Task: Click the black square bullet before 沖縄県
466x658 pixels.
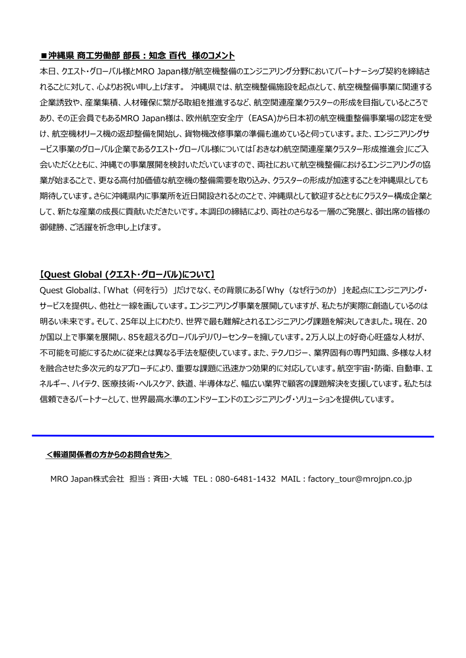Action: (43, 56)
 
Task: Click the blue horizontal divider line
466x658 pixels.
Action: (233, 436)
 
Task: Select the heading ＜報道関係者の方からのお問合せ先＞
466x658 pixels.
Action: (109, 454)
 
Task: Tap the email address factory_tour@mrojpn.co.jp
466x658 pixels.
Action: (359, 479)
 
